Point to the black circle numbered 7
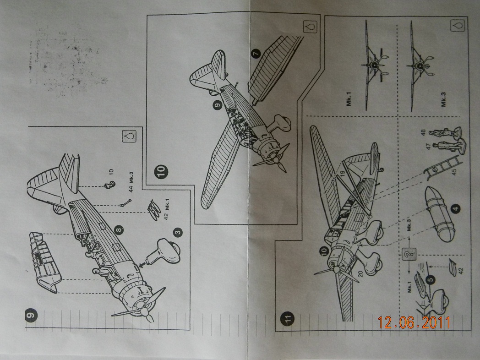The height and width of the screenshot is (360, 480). click(x=255, y=54)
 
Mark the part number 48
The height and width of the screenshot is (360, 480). click(x=422, y=132)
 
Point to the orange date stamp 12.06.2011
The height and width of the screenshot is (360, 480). click(x=414, y=323)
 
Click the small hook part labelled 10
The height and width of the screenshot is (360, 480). click(x=109, y=184)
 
